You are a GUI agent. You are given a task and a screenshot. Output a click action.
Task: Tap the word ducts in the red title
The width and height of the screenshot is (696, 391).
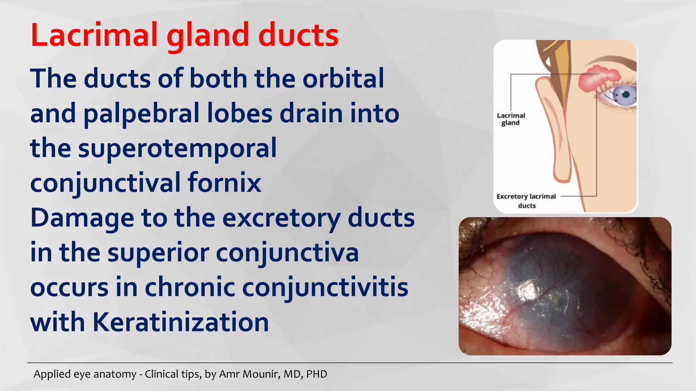pyautogui.click(x=298, y=35)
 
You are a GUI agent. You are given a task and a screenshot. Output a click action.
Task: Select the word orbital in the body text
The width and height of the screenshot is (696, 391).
pyautogui.click(x=343, y=79)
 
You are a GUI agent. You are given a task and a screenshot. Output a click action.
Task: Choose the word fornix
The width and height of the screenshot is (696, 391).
pyautogui.click(x=224, y=183)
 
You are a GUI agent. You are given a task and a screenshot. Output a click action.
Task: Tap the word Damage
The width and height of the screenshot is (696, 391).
pyautogui.click(x=82, y=218)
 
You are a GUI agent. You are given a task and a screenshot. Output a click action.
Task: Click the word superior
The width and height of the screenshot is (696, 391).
pyautogui.click(x=158, y=253)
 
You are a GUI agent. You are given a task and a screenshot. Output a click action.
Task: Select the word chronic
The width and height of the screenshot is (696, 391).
pyautogui.click(x=190, y=287)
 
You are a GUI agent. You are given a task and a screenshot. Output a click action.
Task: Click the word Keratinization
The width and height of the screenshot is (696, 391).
pyautogui.click(x=180, y=322)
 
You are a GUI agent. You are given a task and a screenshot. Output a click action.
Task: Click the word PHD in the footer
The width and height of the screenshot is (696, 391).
pyautogui.click(x=316, y=374)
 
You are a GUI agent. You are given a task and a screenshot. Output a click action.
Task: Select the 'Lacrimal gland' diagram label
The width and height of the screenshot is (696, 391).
pyautogui.click(x=511, y=119)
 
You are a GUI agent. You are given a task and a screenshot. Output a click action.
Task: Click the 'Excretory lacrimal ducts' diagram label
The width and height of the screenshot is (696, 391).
pyautogui.click(x=526, y=201)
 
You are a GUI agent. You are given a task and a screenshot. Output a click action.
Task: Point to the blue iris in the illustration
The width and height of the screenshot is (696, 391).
pyautogui.click(x=626, y=95)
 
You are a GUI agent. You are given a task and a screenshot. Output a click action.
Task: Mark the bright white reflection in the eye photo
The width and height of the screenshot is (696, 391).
pyautogui.click(x=526, y=290)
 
